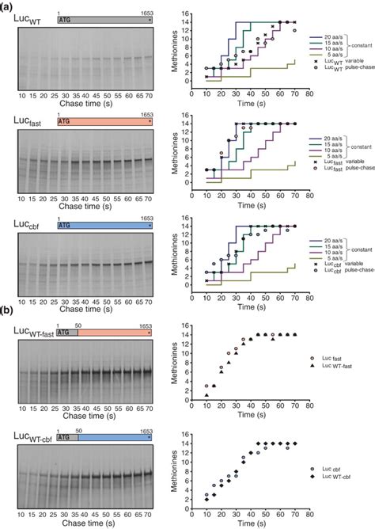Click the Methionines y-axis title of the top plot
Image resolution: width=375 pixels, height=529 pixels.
pos(176,46)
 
